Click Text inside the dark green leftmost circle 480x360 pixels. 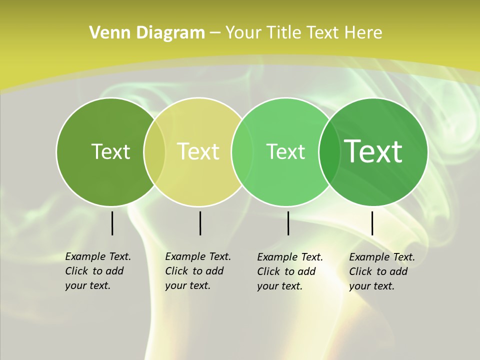[x=110, y=151]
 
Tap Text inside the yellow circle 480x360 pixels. [x=198, y=151]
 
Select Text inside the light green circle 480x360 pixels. [x=285, y=151]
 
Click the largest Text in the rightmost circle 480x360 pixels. [x=373, y=151]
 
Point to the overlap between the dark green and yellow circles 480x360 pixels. [x=155, y=151]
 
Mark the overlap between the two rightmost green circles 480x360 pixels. [x=329, y=151]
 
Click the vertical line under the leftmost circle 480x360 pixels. [x=112, y=223]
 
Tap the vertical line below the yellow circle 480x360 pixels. [x=200, y=223]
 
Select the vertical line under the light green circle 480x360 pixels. [x=288, y=223]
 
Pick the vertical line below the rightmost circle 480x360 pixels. [x=372, y=223]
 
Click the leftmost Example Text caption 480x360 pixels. [x=98, y=271]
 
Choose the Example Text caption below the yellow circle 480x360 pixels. [x=198, y=271]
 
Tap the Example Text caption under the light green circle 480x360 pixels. [x=290, y=271]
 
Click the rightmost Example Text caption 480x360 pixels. [x=382, y=271]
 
